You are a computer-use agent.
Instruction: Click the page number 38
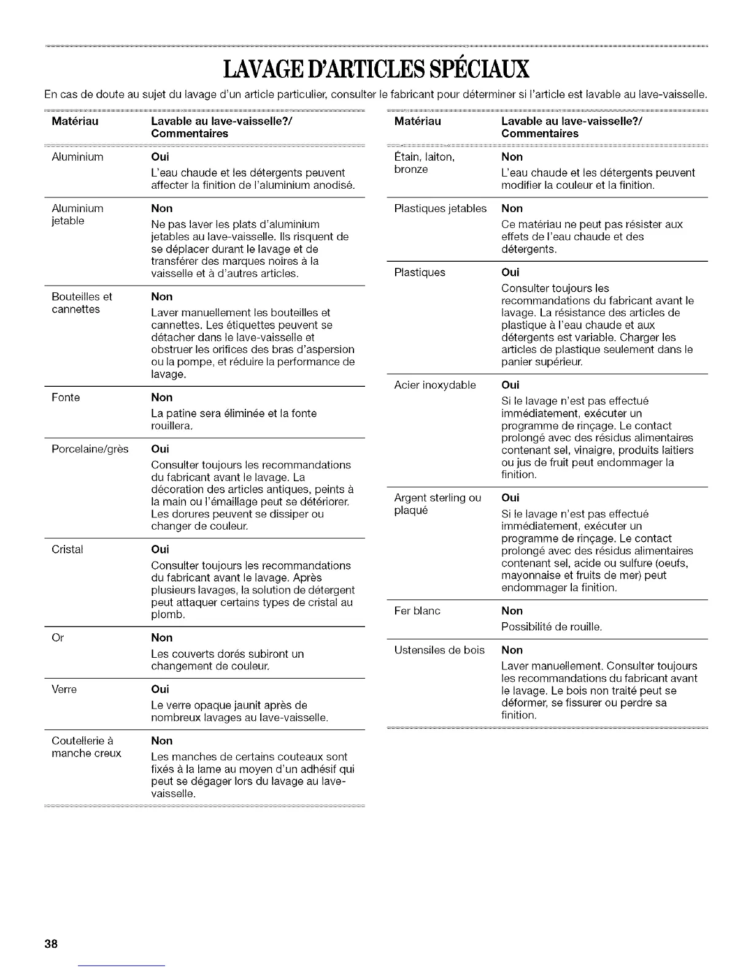pyautogui.click(x=50, y=943)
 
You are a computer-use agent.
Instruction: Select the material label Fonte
pyautogui.click(x=66, y=397)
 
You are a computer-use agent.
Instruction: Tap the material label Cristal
pyautogui.click(x=67, y=549)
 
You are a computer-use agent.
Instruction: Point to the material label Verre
pyautogui.click(x=64, y=689)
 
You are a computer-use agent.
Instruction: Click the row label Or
pyautogui.click(x=58, y=638)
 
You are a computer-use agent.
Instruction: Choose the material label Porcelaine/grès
pyautogui.click(x=90, y=449)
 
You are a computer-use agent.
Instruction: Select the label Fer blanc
pyautogui.click(x=417, y=611)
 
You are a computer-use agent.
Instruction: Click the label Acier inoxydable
pyautogui.click(x=435, y=385)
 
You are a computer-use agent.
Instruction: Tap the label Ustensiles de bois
pyautogui.click(x=439, y=650)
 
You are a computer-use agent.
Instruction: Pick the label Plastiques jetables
pyautogui.click(x=440, y=208)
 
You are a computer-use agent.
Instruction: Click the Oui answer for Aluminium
pyautogui.click(x=160, y=157)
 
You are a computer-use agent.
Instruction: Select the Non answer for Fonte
pyautogui.click(x=162, y=397)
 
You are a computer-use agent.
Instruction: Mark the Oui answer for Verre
pyautogui.click(x=160, y=689)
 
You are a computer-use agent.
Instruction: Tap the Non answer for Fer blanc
pyautogui.click(x=512, y=611)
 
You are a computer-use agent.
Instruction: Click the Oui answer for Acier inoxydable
pyautogui.click(x=510, y=385)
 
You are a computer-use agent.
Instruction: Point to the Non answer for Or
pyautogui.click(x=162, y=638)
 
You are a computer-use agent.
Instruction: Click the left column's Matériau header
pyautogui.click(x=75, y=121)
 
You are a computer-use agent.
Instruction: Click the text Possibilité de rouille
pyautogui.click(x=552, y=626)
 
